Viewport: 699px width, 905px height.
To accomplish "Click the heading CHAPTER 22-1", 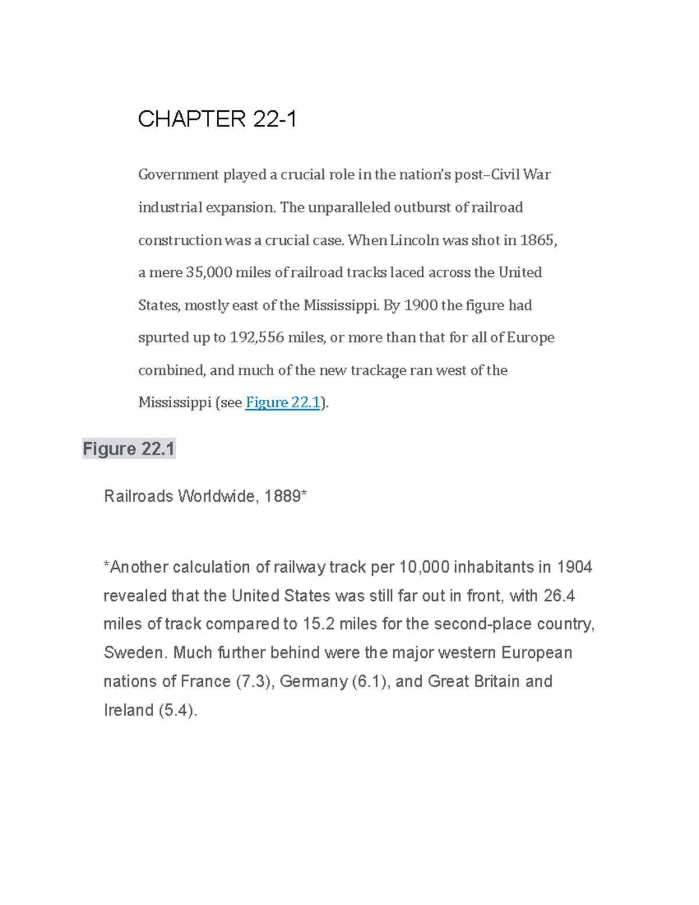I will click(x=217, y=119).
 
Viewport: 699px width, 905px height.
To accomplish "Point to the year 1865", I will click(x=538, y=240).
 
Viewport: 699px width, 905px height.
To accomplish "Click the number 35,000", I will click(x=209, y=273).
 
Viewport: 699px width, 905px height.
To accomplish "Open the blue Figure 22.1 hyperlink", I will click(x=283, y=403).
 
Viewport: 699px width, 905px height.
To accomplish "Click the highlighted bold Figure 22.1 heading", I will click(x=129, y=449).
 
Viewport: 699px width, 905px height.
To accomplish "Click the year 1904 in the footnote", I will click(x=574, y=567).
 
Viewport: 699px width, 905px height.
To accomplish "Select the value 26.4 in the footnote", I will click(x=559, y=596).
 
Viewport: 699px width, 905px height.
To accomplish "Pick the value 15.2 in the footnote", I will click(x=319, y=624).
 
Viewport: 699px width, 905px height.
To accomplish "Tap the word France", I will click(x=206, y=681).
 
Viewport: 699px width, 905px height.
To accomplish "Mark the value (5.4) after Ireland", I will click(x=178, y=710).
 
